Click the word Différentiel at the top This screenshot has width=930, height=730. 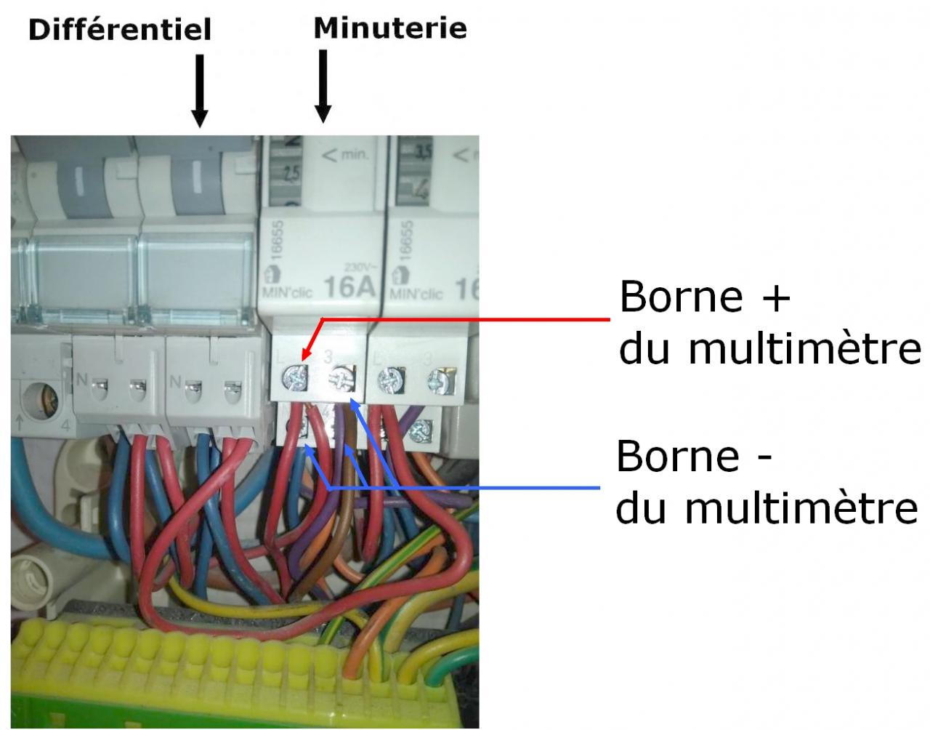point(119,30)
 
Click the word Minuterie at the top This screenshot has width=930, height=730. point(389,28)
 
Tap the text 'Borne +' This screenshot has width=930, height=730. point(704,297)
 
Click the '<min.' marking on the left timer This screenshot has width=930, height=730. point(346,154)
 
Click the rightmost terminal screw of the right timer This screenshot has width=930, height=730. point(439,380)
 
